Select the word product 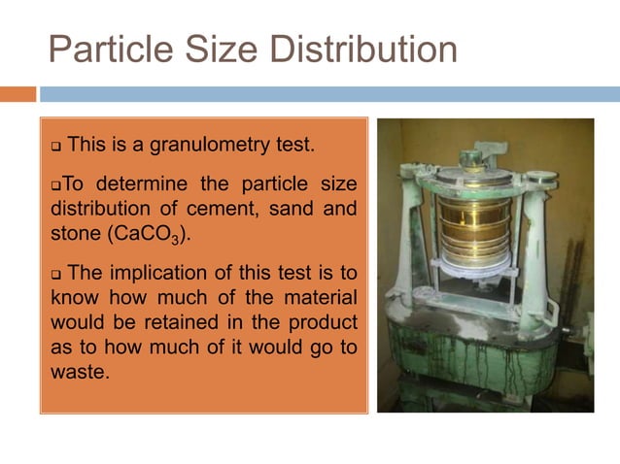(x=324, y=321)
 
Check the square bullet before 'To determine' (x=55, y=184)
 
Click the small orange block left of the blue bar (x=17, y=94)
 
